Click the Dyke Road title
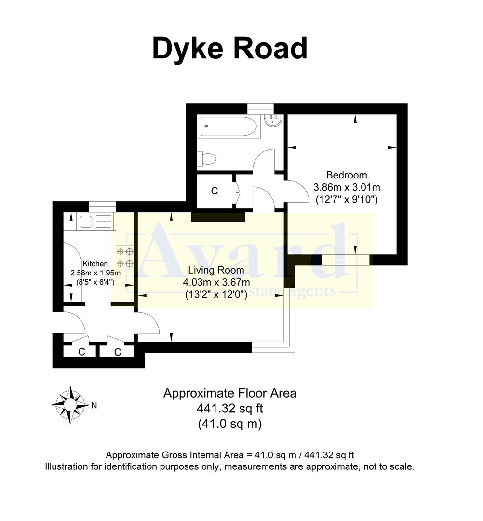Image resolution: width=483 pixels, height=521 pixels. coord(229,49)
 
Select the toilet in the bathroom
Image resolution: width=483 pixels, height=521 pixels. coord(206,158)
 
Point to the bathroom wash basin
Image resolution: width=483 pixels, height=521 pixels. coord(273,120)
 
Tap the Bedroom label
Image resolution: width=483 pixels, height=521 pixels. coord(347,175)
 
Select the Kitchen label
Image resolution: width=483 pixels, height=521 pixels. coord(95,264)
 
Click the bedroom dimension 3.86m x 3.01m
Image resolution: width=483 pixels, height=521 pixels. coord(347,187)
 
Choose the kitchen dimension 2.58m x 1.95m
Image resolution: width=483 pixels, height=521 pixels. coord(95,273)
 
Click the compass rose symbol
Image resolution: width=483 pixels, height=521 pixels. coord(70,404)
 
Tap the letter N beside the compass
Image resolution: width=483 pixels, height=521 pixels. coord(94,406)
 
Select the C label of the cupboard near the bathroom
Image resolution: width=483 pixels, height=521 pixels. coord(215,191)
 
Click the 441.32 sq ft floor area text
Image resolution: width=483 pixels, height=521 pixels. coord(229,409)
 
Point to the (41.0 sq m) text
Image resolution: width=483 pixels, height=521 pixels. coord(229,424)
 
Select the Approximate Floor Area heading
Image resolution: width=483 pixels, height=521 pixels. coord(229,393)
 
